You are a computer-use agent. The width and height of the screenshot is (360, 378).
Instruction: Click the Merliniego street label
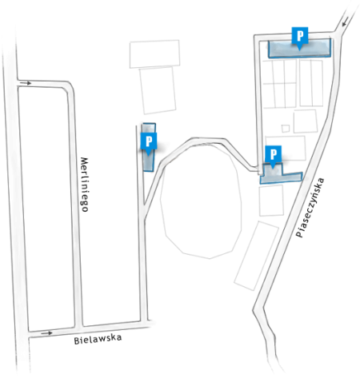(x=85, y=185)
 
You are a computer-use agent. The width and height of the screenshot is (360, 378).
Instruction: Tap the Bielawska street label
(x=98, y=339)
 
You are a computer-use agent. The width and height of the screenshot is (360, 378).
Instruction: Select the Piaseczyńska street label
(x=310, y=207)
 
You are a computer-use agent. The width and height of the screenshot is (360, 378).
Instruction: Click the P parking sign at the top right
(x=300, y=38)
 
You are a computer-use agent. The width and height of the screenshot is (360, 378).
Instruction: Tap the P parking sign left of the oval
(x=149, y=144)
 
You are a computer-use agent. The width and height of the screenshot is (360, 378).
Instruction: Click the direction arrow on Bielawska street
(x=46, y=333)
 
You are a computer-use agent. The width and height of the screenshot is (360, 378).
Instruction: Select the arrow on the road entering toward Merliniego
(x=26, y=83)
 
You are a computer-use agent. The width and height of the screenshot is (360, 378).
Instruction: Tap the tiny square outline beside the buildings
(x=286, y=129)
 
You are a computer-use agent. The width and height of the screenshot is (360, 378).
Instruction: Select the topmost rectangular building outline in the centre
(x=154, y=54)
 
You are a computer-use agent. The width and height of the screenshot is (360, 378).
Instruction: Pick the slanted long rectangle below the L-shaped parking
(x=257, y=256)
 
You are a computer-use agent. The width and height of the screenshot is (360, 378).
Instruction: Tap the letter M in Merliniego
(x=85, y=161)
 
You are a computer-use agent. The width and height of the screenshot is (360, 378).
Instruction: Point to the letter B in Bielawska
(x=77, y=341)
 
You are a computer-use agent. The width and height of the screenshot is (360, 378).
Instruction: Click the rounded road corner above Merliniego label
(x=69, y=86)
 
